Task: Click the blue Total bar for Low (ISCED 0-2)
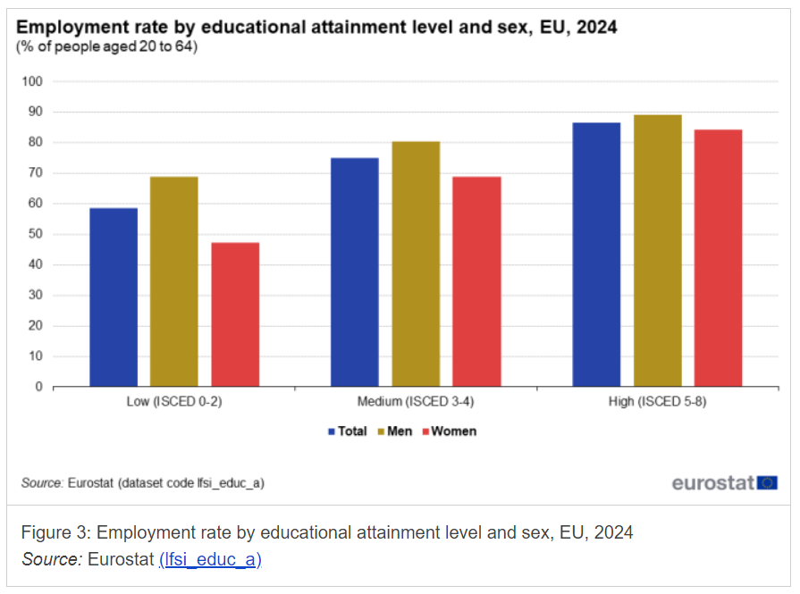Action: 114,297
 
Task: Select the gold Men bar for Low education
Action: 173,282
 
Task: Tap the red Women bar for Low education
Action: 235,314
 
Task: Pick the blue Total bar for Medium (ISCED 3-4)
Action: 355,272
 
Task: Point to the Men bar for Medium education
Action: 416,264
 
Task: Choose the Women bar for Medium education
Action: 476,282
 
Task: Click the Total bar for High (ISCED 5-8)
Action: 596,255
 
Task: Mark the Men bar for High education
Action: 657,251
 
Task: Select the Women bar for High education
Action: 718,258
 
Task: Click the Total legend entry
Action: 348,431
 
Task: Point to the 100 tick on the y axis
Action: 33,82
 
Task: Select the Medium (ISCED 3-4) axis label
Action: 416,402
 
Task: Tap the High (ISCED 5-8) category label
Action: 657,402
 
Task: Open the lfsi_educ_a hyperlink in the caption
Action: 210,560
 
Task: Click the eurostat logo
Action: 724,483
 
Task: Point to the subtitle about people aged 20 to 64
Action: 107,46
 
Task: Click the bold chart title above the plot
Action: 316,28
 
